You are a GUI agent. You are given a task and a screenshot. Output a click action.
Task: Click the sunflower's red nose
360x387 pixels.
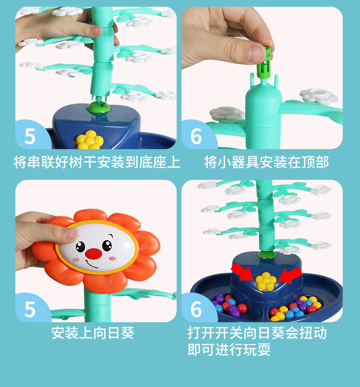(95, 253)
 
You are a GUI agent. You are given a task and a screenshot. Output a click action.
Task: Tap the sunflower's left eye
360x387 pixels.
(81, 246)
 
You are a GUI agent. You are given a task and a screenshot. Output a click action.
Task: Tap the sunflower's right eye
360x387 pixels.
(107, 246)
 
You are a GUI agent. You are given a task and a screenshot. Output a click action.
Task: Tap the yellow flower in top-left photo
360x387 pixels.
(90, 140)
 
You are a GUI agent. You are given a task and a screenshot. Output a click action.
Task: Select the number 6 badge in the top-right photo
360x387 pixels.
(196, 136)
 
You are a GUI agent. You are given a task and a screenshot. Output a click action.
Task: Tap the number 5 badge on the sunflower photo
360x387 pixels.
(30, 309)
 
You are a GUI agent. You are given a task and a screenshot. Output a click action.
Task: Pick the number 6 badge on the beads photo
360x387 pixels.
(196, 309)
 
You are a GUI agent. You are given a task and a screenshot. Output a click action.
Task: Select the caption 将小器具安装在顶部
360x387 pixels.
(266, 162)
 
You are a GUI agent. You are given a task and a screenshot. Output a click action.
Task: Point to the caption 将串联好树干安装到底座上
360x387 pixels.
(96, 162)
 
